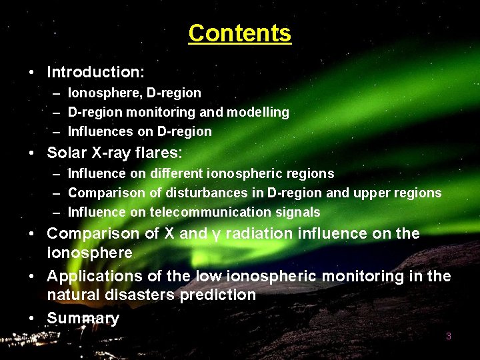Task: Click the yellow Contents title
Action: point(239,33)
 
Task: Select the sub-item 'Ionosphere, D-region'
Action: point(134,93)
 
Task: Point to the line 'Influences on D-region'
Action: point(139,131)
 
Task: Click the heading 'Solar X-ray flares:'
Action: point(114,153)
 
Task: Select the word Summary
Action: point(83,318)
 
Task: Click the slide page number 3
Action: point(449,336)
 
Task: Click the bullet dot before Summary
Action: point(32,318)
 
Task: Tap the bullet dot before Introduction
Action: point(32,71)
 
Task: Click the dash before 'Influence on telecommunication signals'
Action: point(57,212)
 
